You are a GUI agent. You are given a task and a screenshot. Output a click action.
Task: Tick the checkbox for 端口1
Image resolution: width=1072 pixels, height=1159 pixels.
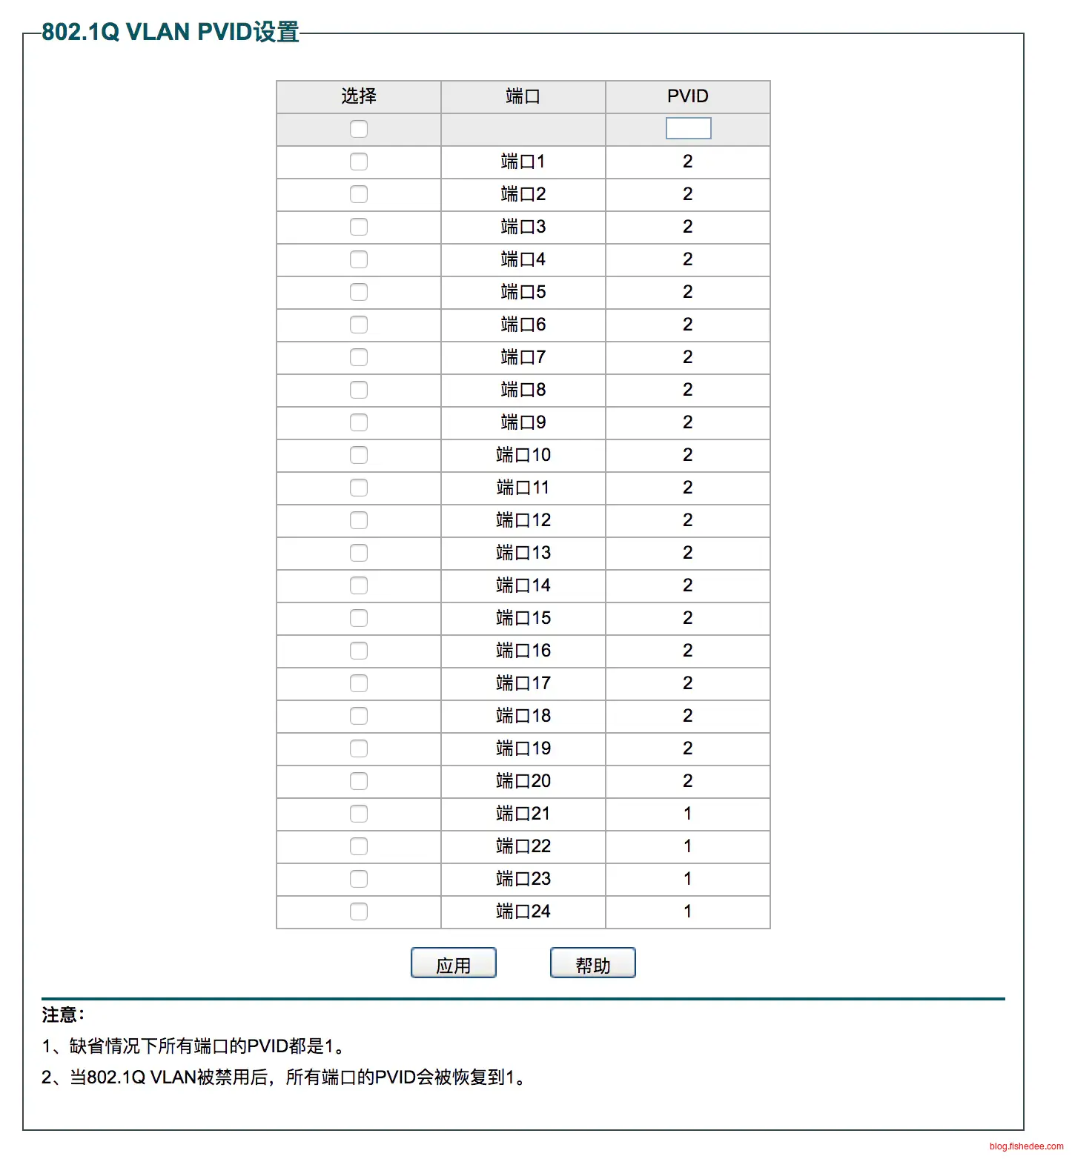359,162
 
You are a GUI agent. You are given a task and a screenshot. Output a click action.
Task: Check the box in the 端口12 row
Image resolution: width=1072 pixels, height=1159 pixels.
359,520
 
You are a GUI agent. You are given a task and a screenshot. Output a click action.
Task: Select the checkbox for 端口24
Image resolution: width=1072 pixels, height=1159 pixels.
359,911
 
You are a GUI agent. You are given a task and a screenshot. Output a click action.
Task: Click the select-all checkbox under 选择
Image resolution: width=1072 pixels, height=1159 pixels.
359,129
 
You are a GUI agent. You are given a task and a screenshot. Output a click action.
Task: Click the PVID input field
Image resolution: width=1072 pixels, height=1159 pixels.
688,129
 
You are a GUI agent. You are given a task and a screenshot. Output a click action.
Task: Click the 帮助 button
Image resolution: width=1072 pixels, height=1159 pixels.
592,963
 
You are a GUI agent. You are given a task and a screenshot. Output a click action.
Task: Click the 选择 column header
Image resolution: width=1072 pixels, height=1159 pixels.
359,96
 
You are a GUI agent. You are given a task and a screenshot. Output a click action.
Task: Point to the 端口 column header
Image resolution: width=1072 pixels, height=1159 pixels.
523,96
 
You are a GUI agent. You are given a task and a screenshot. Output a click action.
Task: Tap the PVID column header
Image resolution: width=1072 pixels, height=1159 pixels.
687,96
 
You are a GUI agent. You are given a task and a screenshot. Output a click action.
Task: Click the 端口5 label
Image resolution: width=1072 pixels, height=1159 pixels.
523,292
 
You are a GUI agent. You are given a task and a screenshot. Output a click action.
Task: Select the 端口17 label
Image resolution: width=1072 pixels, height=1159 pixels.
523,683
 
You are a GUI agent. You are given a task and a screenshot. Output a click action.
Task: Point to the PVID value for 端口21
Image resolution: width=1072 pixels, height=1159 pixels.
687,814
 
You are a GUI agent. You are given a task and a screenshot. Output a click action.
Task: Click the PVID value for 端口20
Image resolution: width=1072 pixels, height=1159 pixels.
687,781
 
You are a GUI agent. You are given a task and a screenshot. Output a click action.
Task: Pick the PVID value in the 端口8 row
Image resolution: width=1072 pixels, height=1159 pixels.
687,390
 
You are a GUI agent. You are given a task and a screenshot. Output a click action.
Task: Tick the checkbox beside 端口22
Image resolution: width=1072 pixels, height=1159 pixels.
359,846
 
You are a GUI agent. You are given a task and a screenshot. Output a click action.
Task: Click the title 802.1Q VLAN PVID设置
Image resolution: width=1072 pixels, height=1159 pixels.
171,32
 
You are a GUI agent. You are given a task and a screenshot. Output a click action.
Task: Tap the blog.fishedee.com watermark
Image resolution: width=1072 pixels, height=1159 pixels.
1026,1146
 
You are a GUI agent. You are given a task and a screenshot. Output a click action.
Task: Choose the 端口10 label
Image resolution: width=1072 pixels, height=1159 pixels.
523,455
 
